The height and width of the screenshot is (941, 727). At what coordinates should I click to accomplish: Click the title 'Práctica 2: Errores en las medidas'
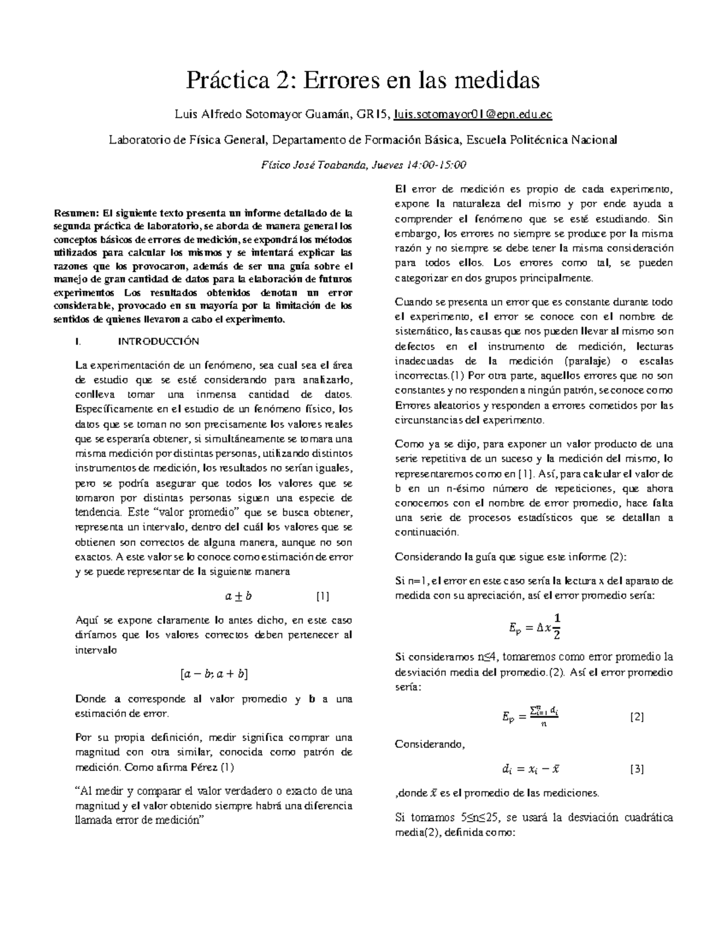363,79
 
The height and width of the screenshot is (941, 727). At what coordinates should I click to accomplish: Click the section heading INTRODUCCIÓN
158,341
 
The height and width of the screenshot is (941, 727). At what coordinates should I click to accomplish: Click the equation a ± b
237,596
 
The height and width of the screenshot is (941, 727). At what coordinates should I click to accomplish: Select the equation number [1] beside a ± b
322,596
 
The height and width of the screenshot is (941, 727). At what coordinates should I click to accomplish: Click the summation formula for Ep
530,716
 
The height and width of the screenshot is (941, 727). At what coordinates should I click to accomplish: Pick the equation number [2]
636,717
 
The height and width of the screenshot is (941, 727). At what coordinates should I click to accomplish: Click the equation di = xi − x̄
530,770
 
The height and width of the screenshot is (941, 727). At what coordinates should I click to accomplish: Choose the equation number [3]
636,770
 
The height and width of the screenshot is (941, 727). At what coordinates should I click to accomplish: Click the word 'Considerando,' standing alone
430,744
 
